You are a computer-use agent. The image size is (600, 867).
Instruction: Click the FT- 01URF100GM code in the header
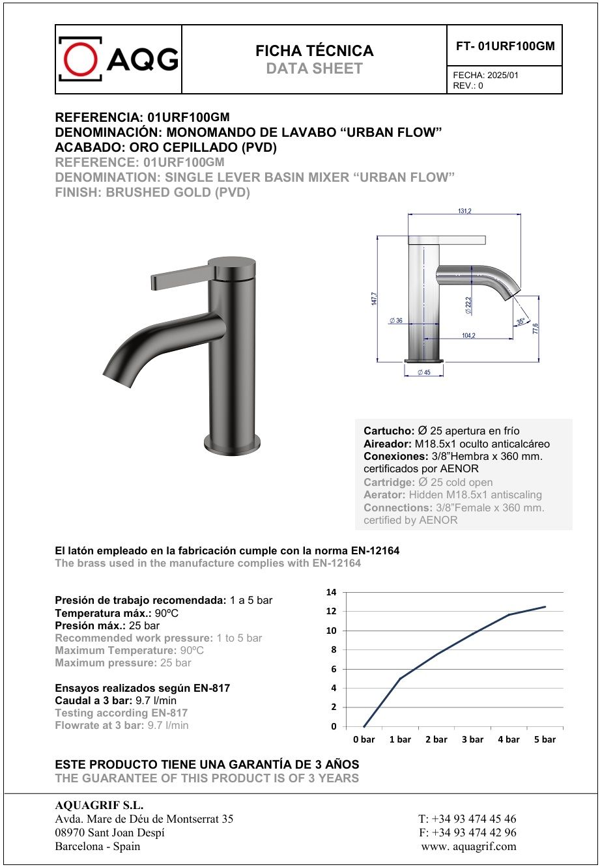tap(505, 46)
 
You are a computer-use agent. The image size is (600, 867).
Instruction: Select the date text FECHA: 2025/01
tap(485, 76)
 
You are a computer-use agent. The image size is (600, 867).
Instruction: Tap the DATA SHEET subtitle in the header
tap(314, 68)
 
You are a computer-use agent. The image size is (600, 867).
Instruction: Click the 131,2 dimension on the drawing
tap(464, 211)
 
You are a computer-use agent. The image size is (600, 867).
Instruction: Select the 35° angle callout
tap(520, 321)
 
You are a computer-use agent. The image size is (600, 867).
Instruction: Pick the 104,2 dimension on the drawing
tap(468, 335)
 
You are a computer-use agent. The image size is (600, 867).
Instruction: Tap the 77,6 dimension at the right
tap(535, 329)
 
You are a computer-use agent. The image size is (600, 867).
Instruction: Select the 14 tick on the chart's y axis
tap(331, 592)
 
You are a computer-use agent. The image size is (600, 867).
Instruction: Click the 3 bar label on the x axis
tap(472, 739)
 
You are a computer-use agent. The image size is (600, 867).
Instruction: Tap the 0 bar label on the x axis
tap(364, 739)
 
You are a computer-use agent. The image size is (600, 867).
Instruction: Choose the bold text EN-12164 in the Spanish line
tap(374, 550)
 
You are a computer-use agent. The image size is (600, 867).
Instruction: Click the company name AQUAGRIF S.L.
tap(99, 806)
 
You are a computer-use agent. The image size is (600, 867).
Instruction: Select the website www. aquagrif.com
tap(468, 846)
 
